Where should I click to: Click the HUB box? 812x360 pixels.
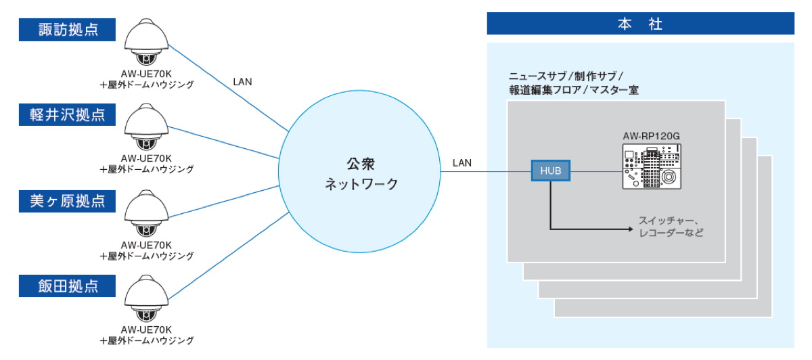point(550,171)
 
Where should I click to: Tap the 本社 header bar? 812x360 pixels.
point(640,24)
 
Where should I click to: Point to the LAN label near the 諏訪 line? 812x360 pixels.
point(242,81)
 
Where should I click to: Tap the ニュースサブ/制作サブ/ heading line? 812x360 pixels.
point(566,75)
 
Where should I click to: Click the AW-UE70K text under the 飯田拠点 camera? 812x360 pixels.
point(147,330)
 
